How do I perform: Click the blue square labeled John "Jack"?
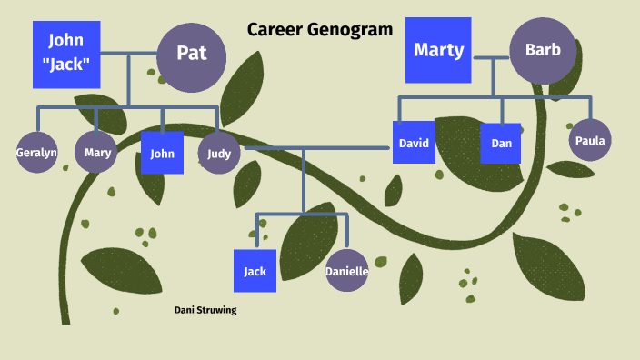(65, 55)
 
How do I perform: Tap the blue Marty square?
(438, 50)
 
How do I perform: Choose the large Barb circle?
(543, 51)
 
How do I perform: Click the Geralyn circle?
(36, 153)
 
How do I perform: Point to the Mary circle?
(97, 153)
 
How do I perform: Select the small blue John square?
(162, 153)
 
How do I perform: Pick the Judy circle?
(219, 153)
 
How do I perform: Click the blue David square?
(414, 143)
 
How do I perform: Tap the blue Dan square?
(501, 143)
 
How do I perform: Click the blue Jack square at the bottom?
(255, 271)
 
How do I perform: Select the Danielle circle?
(346, 271)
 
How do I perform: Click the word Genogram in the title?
(350, 29)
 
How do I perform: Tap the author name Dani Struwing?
(205, 310)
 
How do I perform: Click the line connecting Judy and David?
(318, 147)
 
